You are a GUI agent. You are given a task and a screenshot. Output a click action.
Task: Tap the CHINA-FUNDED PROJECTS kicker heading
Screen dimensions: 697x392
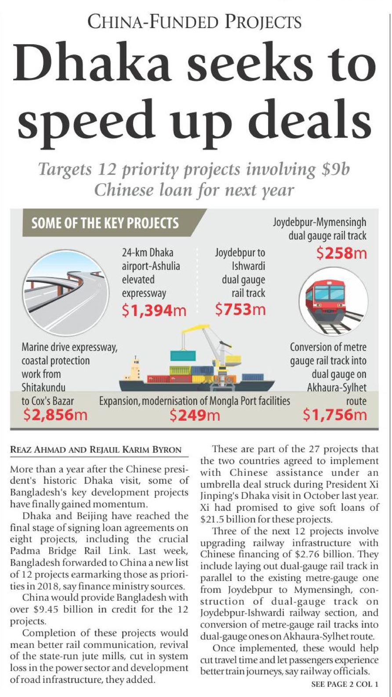(x=195, y=22)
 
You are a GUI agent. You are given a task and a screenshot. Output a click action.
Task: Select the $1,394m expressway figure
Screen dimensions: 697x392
(x=154, y=310)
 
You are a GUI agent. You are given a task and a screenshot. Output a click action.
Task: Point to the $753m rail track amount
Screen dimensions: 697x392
(x=240, y=309)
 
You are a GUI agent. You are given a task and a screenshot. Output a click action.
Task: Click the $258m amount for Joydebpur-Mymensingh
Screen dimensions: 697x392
(x=341, y=253)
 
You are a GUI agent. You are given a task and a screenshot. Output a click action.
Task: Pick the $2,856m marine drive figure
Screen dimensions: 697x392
(x=55, y=414)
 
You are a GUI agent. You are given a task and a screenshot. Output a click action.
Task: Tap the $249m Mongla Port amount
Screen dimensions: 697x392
(x=195, y=414)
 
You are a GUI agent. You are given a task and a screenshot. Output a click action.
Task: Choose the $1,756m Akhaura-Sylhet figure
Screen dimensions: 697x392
(x=334, y=414)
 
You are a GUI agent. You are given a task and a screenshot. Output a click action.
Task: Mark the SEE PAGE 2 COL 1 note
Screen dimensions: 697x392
(x=345, y=684)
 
